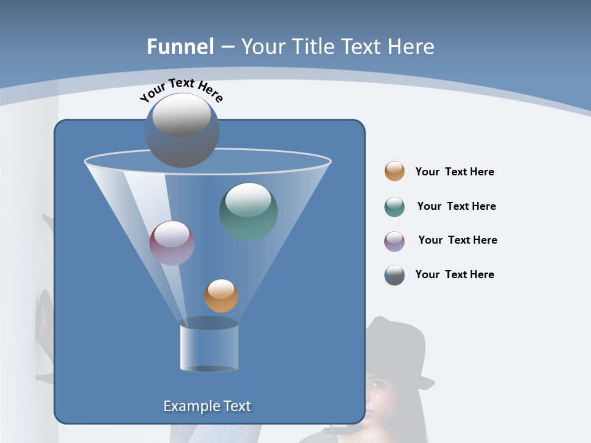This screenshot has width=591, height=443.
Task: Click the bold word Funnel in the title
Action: [x=180, y=47]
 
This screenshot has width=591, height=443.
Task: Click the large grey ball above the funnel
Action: [x=182, y=130]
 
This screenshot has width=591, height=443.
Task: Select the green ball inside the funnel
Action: [x=249, y=211]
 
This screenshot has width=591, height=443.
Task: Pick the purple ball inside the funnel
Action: [x=172, y=243]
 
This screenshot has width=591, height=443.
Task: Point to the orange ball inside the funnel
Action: [x=221, y=295]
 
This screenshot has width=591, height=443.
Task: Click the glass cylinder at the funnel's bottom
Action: [x=209, y=346]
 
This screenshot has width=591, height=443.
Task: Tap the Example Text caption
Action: [x=207, y=406]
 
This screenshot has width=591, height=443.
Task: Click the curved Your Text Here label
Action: [x=181, y=90]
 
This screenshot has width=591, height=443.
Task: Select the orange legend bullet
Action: [x=395, y=172]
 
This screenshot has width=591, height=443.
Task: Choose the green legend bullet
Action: [x=395, y=207]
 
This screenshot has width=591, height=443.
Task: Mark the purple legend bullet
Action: [x=395, y=241]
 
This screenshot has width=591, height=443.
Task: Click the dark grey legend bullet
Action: [x=395, y=275]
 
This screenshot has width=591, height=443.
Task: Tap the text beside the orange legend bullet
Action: [x=454, y=172]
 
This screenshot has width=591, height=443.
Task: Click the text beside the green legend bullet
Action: [x=456, y=206]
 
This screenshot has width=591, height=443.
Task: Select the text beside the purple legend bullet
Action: [x=457, y=240]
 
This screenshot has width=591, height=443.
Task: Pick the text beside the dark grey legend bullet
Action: [x=454, y=274]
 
